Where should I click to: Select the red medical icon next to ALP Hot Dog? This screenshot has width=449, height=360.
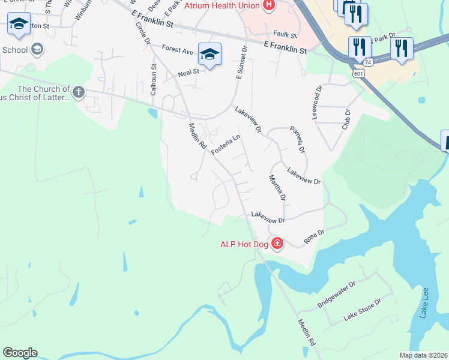point(277,244)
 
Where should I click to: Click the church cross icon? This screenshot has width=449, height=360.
point(78,92)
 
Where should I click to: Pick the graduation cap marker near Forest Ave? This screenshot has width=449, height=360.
point(209,54)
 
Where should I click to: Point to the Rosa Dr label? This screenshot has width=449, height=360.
point(314,236)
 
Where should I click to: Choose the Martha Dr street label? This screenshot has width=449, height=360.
point(277,188)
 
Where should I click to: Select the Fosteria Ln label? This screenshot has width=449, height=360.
point(226,145)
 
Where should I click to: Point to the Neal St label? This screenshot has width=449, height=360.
point(188,74)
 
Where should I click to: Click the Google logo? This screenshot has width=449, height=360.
point(20,353)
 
